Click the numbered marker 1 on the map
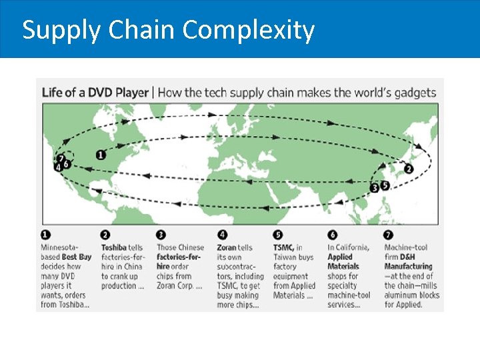coord(101,155)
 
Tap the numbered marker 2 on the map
coord(408,169)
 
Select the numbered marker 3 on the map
coord(375,188)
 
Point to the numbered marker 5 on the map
coord(385,185)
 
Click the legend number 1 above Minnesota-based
coord(45,235)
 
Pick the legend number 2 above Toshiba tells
coord(105,235)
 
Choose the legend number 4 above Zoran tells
coord(222,235)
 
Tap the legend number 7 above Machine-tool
coord(389,235)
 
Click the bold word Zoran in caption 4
coord(227,247)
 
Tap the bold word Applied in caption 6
coord(340,257)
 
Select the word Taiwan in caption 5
coord(286,257)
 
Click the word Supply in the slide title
coord(56,30)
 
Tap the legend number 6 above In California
coord(331,235)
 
